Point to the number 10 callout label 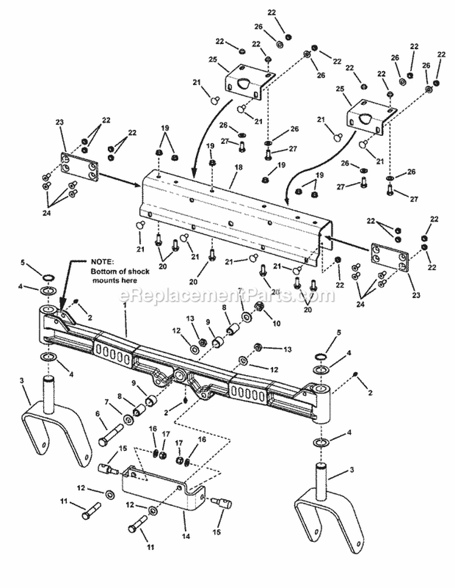click(x=277, y=323)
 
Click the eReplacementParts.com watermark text click(x=227, y=296)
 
